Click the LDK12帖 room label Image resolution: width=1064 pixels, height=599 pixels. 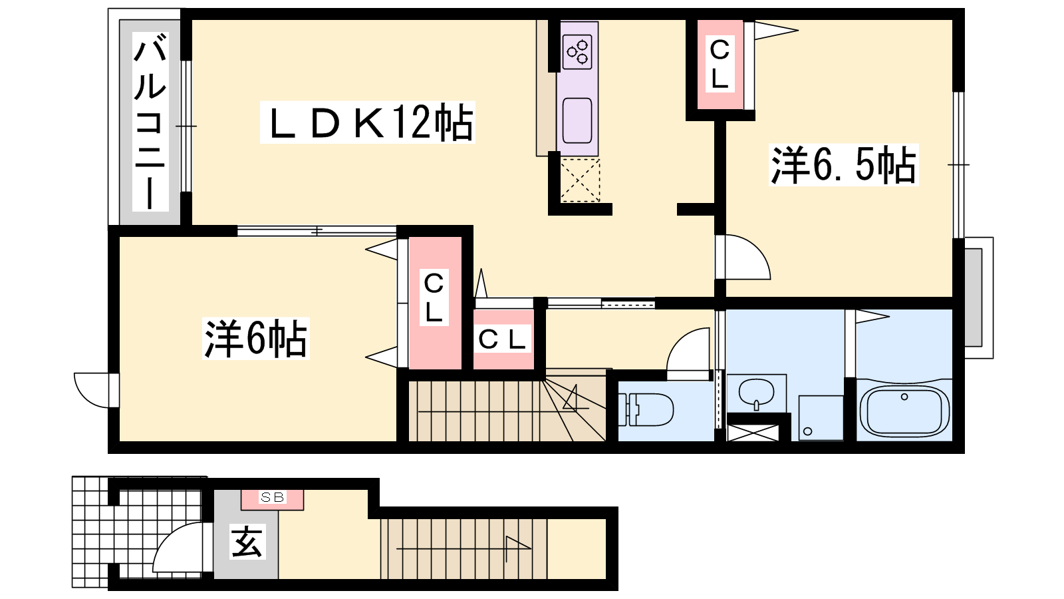coord(368,122)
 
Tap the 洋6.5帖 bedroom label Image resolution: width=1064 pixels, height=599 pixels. coord(843,164)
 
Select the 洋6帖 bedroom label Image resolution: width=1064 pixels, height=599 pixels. coord(256,339)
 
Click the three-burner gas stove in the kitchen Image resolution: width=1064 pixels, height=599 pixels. coord(577,53)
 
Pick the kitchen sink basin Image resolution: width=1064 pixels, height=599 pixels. coord(577,120)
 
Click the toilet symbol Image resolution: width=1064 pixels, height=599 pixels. coord(646,409)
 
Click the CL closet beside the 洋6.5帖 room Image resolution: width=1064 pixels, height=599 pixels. coord(720,65)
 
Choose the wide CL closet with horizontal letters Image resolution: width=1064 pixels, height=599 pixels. coord(503,340)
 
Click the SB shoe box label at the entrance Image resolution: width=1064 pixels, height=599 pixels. coord(272,497)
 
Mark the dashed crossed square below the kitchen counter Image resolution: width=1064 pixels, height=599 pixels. coord(581,180)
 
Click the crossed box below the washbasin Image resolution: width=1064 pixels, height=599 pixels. coord(752,432)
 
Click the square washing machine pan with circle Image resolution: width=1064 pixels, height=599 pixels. coord(821,418)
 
